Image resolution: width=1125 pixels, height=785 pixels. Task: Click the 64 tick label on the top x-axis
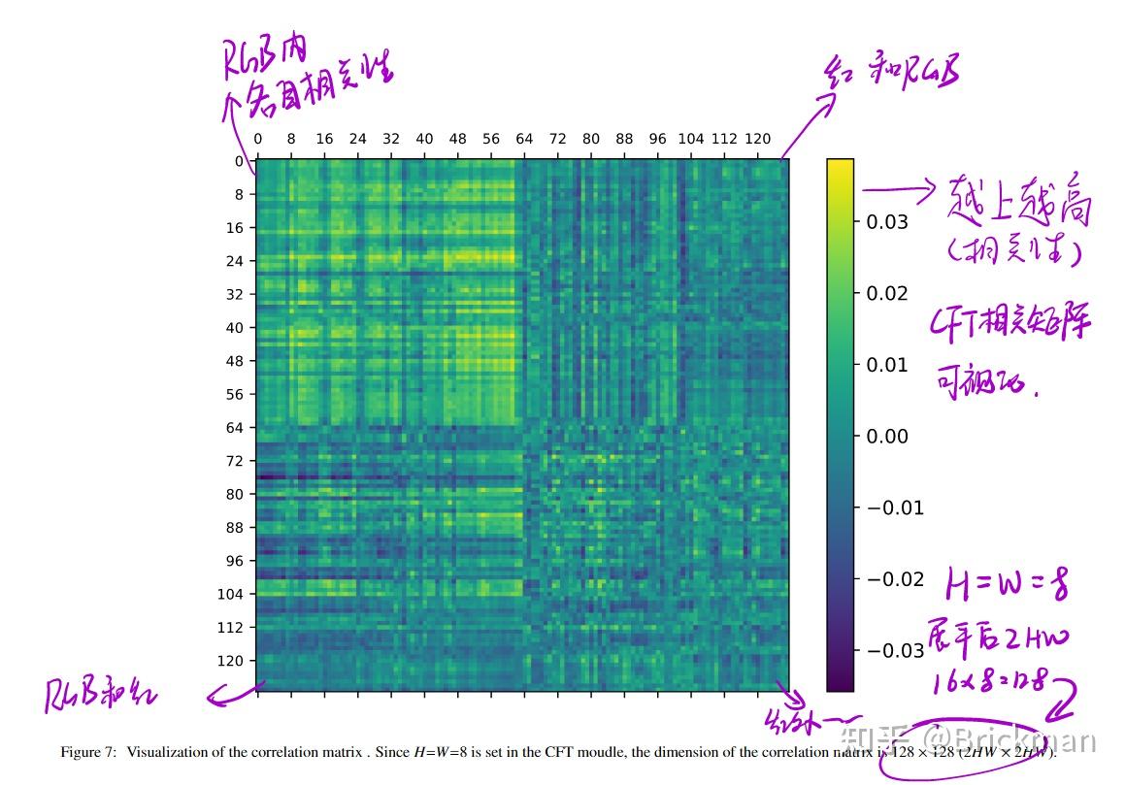point(524,139)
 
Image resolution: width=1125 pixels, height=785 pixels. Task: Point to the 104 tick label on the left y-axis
point(230,594)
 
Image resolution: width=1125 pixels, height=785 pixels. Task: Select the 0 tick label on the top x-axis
point(257,139)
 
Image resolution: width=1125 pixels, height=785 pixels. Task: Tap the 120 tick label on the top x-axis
point(757,139)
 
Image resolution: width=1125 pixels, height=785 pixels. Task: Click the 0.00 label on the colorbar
point(886,437)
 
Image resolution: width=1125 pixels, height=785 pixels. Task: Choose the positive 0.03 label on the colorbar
point(886,222)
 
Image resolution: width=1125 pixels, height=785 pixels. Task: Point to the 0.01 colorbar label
point(886,365)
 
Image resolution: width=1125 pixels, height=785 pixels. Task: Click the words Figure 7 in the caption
point(88,752)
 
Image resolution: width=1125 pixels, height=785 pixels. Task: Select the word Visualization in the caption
point(168,752)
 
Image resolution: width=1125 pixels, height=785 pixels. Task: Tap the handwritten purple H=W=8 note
point(1008,585)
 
